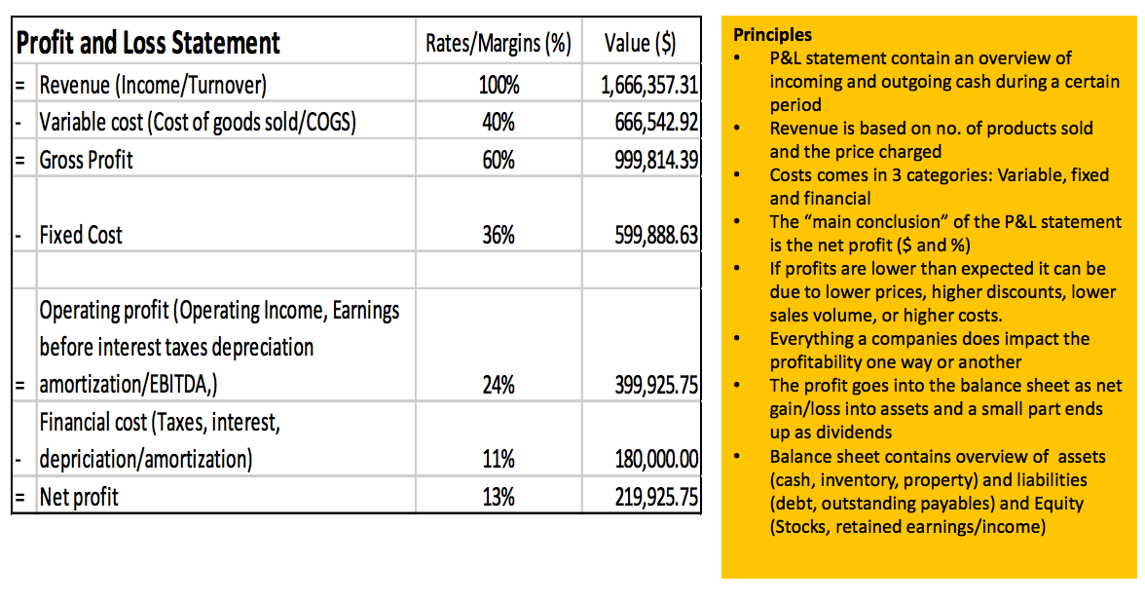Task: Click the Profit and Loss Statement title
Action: (148, 43)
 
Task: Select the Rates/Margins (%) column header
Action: (498, 44)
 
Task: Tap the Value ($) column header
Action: (640, 44)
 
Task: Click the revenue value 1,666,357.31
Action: (649, 86)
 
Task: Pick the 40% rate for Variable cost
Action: (499, 123)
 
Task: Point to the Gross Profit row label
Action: (87, 160)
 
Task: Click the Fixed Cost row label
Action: (81, 235)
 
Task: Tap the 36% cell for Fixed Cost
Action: (499, 235)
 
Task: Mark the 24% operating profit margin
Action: (499, 385)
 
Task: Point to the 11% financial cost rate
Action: (499, 459)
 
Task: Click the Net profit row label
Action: (79, 497)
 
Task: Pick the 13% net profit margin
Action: (499, 497)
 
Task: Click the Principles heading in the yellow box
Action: (772, 35)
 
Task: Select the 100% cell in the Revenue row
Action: (499, 86)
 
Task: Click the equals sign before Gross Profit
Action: (18, 160)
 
